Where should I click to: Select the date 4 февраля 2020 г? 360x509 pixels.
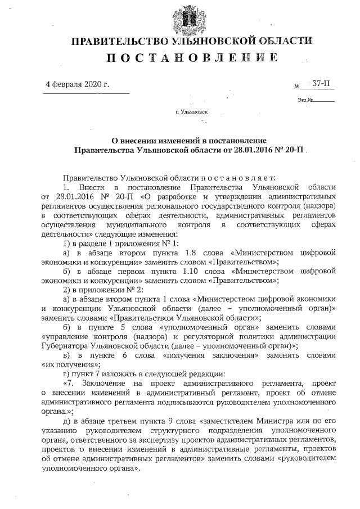click(x=76, y=84)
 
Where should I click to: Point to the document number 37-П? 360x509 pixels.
click(x=321, y=84)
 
